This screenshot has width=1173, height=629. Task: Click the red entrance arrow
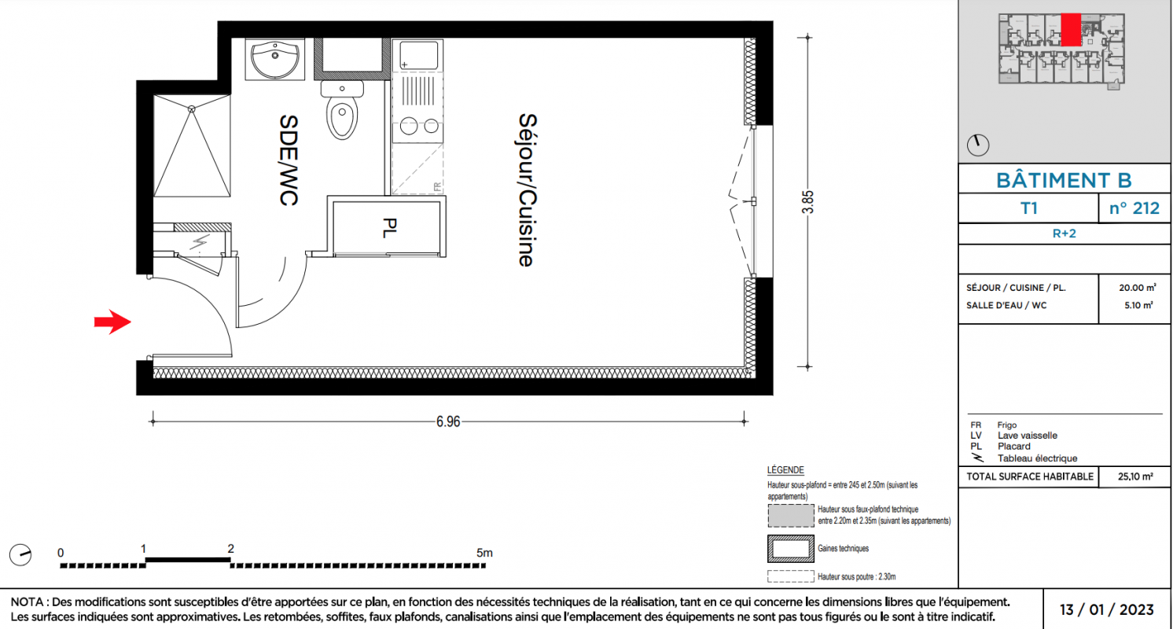[112, 322]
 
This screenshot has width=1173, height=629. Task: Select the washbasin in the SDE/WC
[275, 60]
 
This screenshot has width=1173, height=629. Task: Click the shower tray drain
[192, 109]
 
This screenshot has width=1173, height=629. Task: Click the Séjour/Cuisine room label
[528, 190]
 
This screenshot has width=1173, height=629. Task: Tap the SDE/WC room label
[289, 160]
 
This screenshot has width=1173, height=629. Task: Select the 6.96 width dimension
[448, 421]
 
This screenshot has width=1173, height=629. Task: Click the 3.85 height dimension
[808, 202]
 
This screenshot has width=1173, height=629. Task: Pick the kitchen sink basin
[419, 55]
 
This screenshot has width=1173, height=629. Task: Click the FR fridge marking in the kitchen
[437, 186]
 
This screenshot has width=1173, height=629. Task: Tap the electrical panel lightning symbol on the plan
[199, 242]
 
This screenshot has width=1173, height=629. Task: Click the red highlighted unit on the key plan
[1071, 30]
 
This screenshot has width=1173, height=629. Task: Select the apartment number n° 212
[1134, 208]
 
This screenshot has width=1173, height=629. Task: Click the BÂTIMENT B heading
[1064, 180]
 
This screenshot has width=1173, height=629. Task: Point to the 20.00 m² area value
[1138, 288]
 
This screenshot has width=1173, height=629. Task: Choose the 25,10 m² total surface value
[1135, 476]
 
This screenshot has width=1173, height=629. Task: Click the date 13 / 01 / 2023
[1107, 609]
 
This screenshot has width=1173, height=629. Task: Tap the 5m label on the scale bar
[484, 553]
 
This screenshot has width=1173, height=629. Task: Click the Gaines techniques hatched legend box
[791, 548]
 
